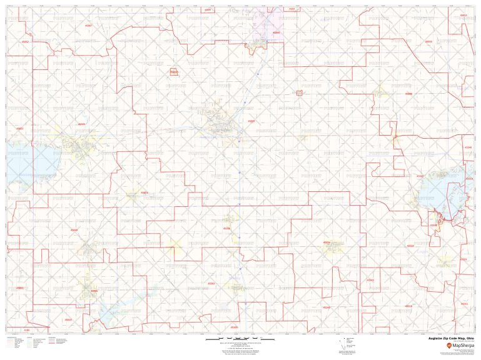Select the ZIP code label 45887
point(88,26)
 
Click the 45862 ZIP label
point(26,42)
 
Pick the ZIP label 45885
point(81,124)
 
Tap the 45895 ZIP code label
point(251,121)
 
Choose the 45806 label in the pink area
point(276,32)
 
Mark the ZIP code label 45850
point(428,42)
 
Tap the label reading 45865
point(94,291)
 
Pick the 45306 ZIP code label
point(226,229)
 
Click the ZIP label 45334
point(326,242)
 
